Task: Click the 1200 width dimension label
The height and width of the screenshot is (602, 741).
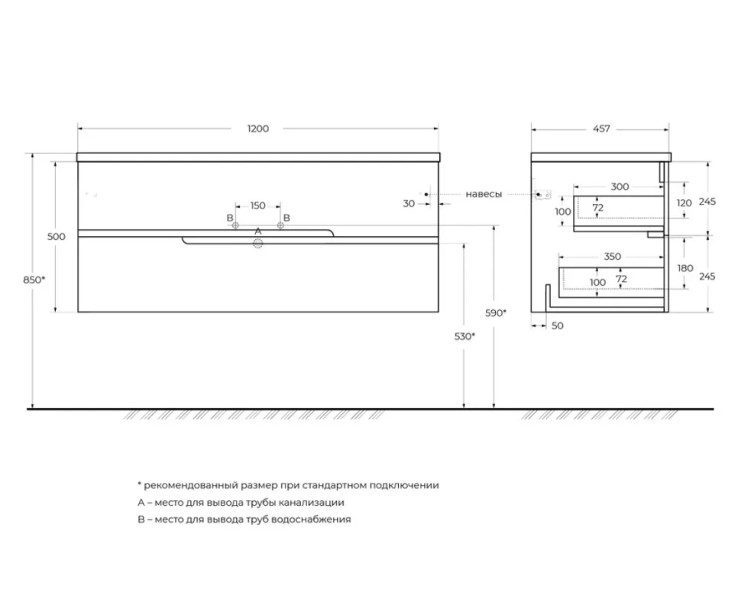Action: pyautogui.click(x=257, y=128)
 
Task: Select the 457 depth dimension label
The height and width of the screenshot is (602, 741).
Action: pyautogui.click(x=601, y=128)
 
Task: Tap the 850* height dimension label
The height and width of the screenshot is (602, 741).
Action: pyautogui.click(x=34, y=280)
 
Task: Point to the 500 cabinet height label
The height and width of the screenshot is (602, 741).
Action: pyautogui.click(x=57, y=236)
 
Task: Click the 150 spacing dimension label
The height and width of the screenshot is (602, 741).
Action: pyautogui.click(x=257, y=206)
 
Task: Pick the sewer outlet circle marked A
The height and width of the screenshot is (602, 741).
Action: pyautogui.click(x=258, y=244)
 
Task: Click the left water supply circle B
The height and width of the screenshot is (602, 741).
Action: pyautogui.click(x=235, y=226)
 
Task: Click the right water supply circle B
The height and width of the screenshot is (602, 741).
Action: pyautogui.click(x=280, y=226)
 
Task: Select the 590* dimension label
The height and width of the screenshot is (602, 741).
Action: pyautogui.click(x=496, y=312)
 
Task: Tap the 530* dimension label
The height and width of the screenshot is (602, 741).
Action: pyautogui.click(x=464, y=336)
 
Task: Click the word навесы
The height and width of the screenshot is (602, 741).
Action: pyautogui.click(x=484, y=194)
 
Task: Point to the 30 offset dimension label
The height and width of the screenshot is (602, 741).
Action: pyautogui.click(x=409, y=204)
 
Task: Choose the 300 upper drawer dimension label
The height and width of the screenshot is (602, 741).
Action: pyautogui.click(x=620, y=186)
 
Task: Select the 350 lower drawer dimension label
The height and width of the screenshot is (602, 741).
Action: pyautogui.click(x=613, y=257)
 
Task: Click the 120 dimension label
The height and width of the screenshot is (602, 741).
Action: pyautogui.click(x=684, y=203)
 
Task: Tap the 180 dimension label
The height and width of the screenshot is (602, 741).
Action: pyautogui.click(x=684, y=268)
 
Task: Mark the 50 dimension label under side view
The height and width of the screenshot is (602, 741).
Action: pyautogui.click(x=558, y=325)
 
